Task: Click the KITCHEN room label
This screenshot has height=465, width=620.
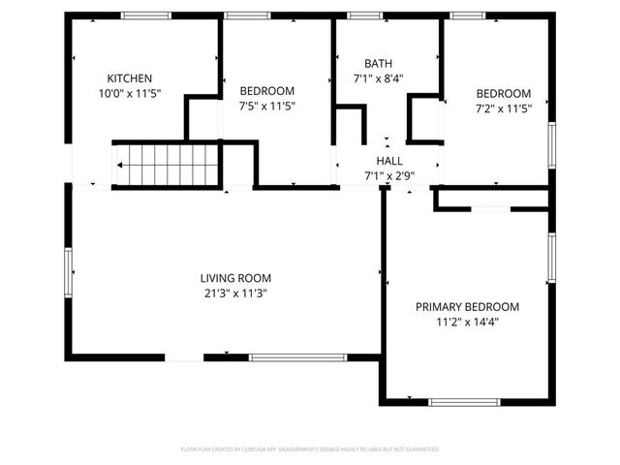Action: (129, 78)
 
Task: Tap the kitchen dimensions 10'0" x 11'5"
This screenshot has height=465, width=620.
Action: (129, 94)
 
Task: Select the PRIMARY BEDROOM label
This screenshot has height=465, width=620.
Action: (467, 307)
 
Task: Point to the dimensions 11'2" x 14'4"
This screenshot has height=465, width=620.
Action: (467, 323)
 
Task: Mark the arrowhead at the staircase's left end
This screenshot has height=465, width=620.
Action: (119, 165)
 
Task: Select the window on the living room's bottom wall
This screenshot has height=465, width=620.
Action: (297, 357)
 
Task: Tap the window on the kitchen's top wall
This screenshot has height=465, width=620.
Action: (145, 15)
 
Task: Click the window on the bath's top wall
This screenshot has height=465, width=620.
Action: (364, 15)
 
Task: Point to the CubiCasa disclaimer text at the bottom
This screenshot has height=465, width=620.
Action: (310, 449)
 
